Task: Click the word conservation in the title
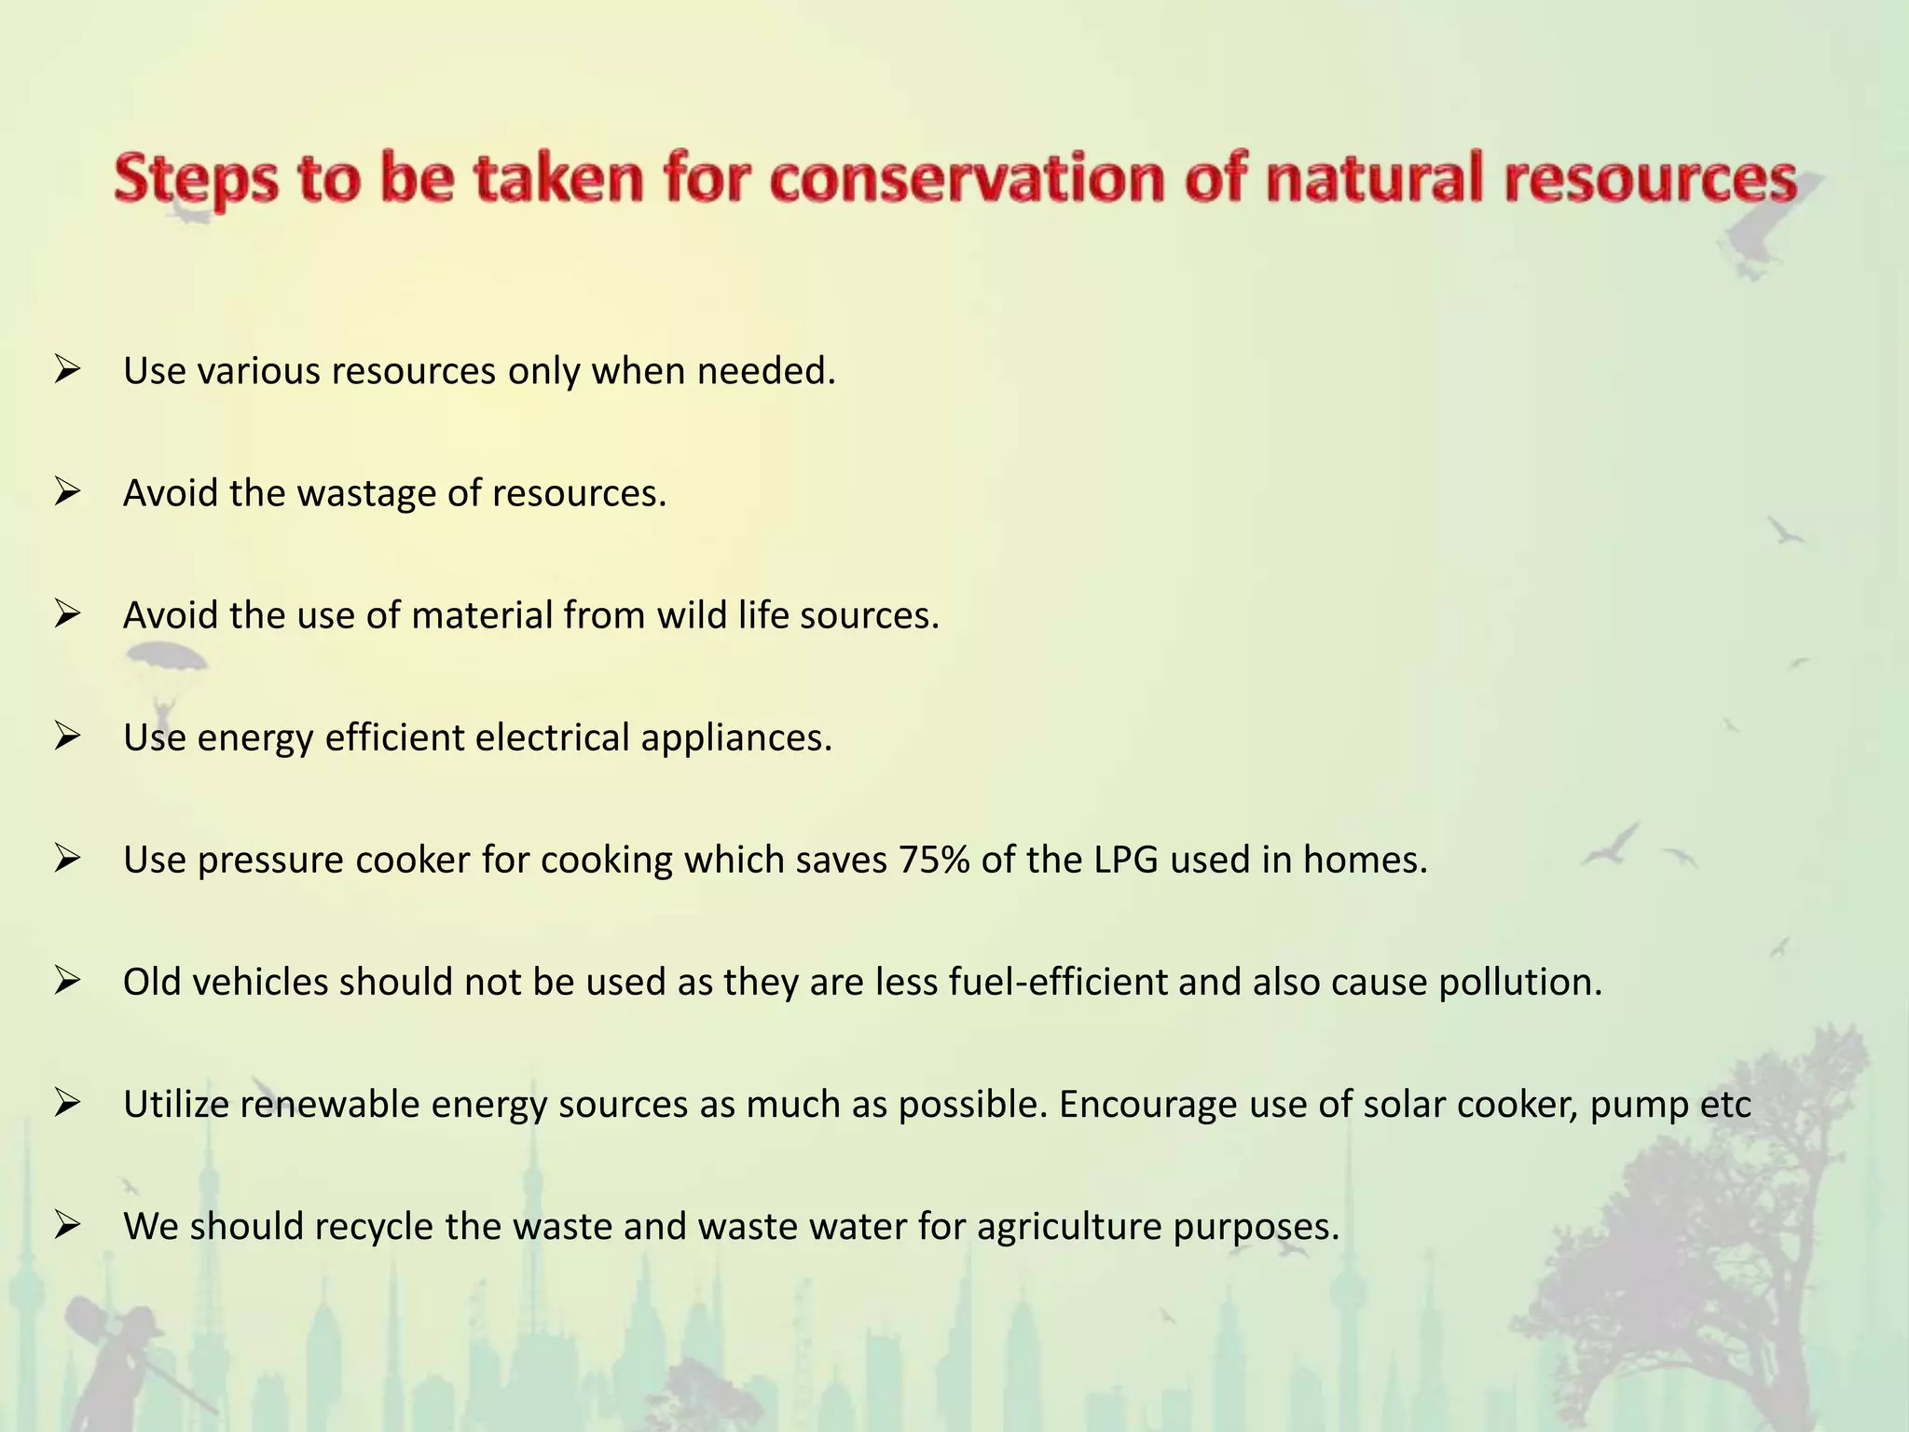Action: (x=968, y=178)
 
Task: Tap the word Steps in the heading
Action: (x=197, y=180)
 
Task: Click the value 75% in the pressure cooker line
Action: (x=934, y=860)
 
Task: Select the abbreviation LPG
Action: (x=1126, y=860)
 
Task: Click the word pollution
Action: (x=1519, y=982)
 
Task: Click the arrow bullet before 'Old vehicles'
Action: (x=68, y=981)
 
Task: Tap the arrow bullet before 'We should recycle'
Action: (x=68, y=1225)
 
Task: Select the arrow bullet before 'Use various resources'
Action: (x=68, y=370)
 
